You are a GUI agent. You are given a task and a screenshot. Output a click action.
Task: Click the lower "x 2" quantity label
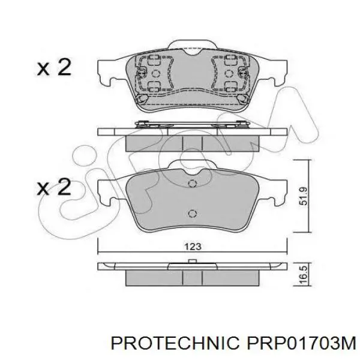(x=54, y=187)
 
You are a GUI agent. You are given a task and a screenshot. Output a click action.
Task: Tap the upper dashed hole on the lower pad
(x=193, y=184)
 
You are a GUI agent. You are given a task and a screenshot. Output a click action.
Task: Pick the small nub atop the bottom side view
(x=193, y=260)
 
